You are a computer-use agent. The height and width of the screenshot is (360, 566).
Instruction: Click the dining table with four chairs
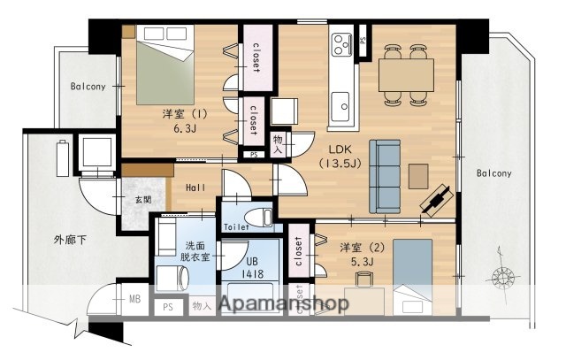406,69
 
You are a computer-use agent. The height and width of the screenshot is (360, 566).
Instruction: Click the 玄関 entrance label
142,202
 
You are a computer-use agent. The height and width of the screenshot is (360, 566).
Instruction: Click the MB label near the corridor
135,299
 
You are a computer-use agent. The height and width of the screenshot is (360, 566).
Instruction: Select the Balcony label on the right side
493,173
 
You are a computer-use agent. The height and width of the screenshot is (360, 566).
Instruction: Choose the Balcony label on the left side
88,87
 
